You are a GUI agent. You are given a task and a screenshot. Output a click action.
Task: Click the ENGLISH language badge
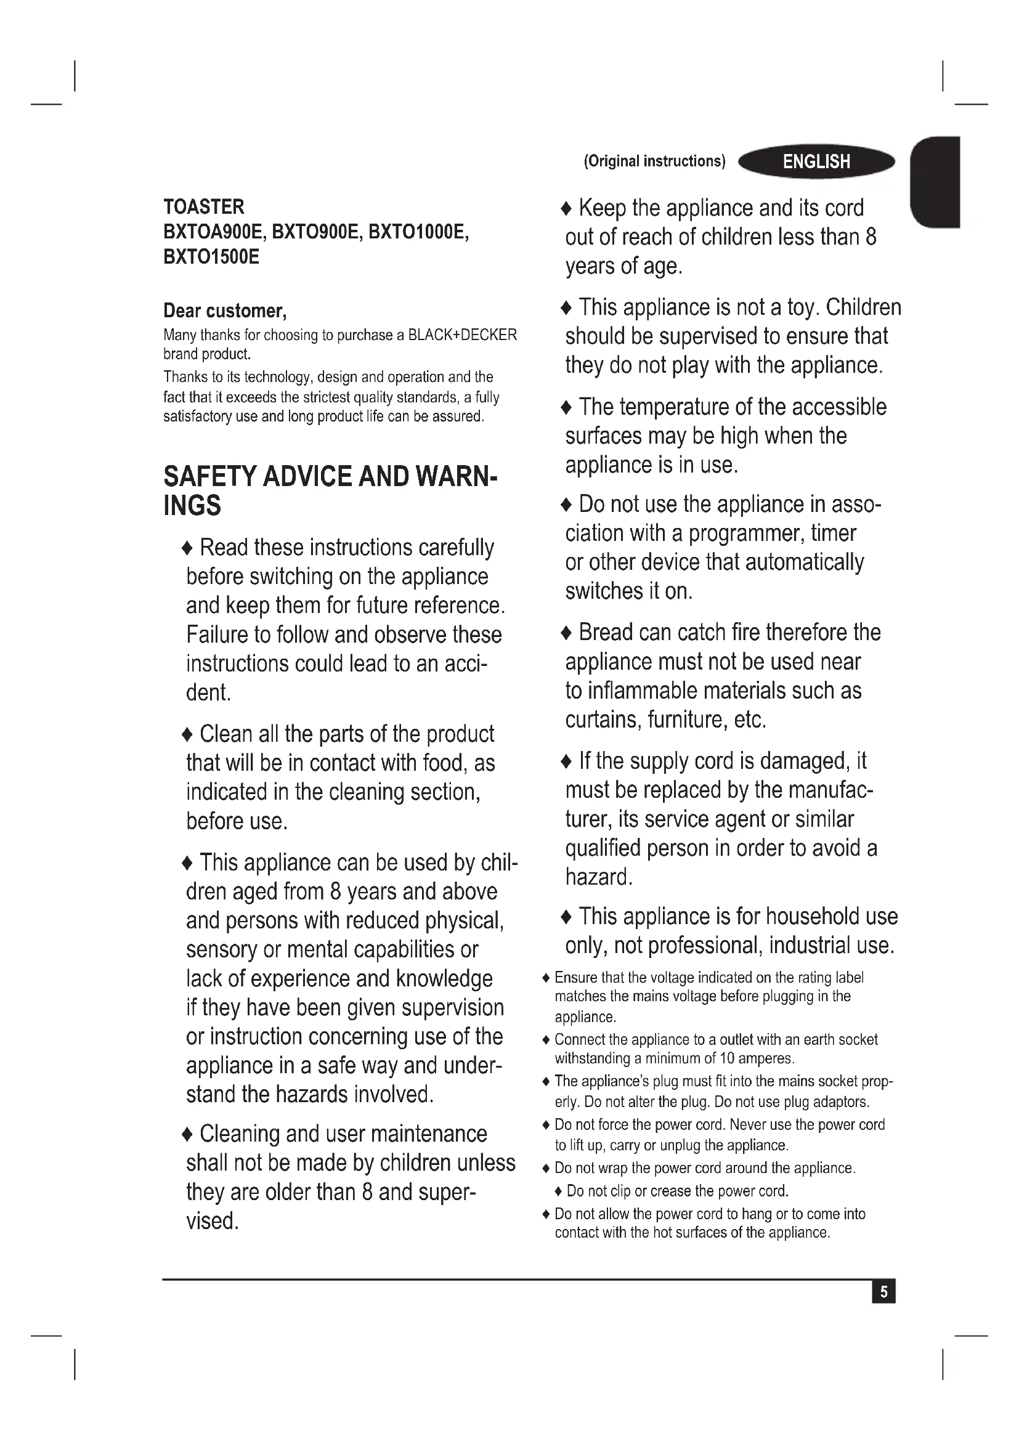[816, 162]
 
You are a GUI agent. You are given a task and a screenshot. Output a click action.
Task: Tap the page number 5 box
[883, 1293]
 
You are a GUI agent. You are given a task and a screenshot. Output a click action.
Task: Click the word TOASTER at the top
[204, 206]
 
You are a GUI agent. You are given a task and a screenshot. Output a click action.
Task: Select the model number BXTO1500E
[211, 257]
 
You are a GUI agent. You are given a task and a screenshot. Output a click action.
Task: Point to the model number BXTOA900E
[213, 232]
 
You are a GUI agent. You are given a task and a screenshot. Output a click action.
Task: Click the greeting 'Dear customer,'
[225, 311]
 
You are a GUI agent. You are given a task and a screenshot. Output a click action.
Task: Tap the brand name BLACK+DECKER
[463, 335]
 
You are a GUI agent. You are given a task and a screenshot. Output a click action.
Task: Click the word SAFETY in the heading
[209, 476]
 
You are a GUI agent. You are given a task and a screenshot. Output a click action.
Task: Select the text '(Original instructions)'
[654, 161]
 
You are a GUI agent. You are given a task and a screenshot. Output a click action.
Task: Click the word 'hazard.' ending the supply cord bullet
[599, 877]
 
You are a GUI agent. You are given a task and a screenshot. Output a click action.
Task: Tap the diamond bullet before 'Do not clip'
[558, 1191]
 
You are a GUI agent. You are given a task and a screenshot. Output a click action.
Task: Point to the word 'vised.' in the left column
[212, 1220]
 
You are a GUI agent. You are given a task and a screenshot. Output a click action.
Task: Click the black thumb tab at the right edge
[936, 182]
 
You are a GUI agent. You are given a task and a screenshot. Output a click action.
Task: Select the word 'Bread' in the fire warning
[606, 632]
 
